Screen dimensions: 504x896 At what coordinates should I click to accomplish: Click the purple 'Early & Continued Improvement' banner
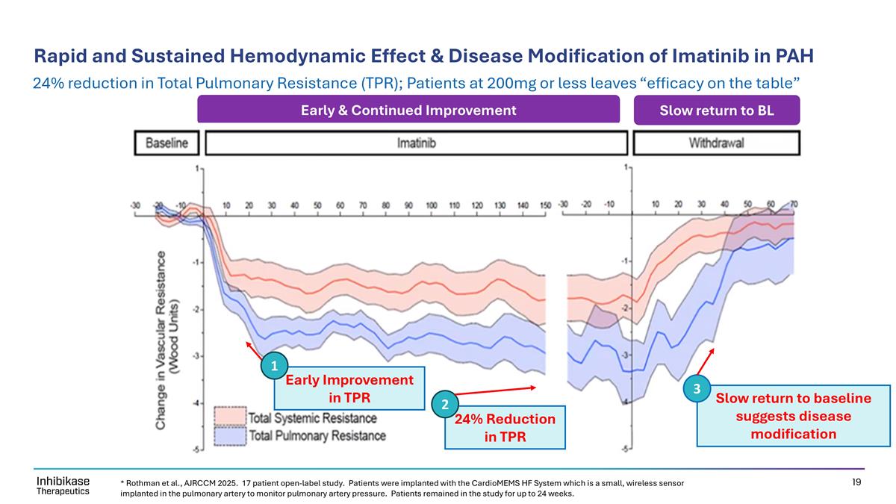pyautogui.click(x=408, y=111)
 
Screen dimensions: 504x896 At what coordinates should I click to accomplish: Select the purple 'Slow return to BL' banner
pyautogui.click(x=716, y=111)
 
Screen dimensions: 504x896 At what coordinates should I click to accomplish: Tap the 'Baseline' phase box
pyautogui.click(x=167, y=143)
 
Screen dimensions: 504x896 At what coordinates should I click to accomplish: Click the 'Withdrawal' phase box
pyautogui.click(x=716, y=143)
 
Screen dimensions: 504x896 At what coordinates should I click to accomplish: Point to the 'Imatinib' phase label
pyautogui.click(x=416, y=143)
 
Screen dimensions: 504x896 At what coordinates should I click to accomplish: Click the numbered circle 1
pyautogui.click(x=274, y=366)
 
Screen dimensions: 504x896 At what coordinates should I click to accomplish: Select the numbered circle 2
pyautogui.click(x=444, y=405)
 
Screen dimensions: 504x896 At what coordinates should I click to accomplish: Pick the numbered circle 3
pyautogui.click(x=696, y=389)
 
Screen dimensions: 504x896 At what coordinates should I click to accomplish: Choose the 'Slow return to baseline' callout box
pyautogui.click(x=794, y=415)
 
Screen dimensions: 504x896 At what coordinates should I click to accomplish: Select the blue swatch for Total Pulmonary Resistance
pyautogui.click(x=230, y=435)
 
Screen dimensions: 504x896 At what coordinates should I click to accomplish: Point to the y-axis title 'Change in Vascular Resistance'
pyautogui.click(x=167, y=339)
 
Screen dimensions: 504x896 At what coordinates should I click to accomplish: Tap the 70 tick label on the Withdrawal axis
pyautogui.click(x=793, y=205)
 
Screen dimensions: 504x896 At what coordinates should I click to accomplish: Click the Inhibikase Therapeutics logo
pyautogui.click(x=63, y=486)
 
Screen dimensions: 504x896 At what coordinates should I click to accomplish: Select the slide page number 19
pyautogui.click(x=856, y=482)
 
